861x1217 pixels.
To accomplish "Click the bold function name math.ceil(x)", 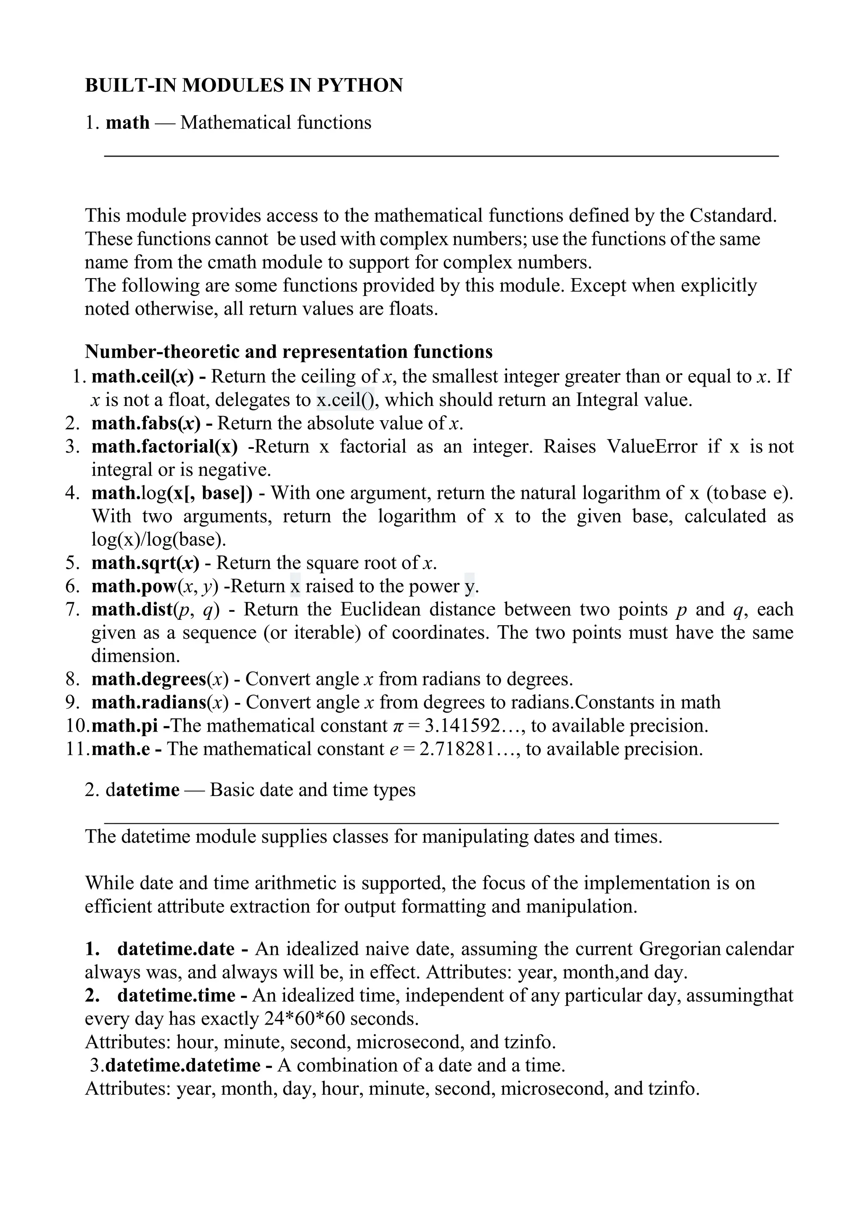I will [x=142, y=377].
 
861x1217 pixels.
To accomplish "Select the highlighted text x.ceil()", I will [x=345, y=400].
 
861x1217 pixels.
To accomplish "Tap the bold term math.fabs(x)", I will [x=146, y=423].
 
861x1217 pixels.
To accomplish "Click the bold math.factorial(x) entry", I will [x=164, y=446].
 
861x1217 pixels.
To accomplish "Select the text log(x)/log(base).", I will [x=158, y=539].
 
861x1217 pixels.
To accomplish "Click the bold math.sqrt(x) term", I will [x=145, y=562].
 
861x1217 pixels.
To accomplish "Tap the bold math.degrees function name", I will [x=149, y=679].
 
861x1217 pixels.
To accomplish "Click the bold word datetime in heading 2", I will [x=143, y=790].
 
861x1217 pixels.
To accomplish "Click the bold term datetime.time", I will [x=176, y=996].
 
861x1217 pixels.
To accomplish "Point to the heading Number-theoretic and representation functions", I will [x=288, y=351].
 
